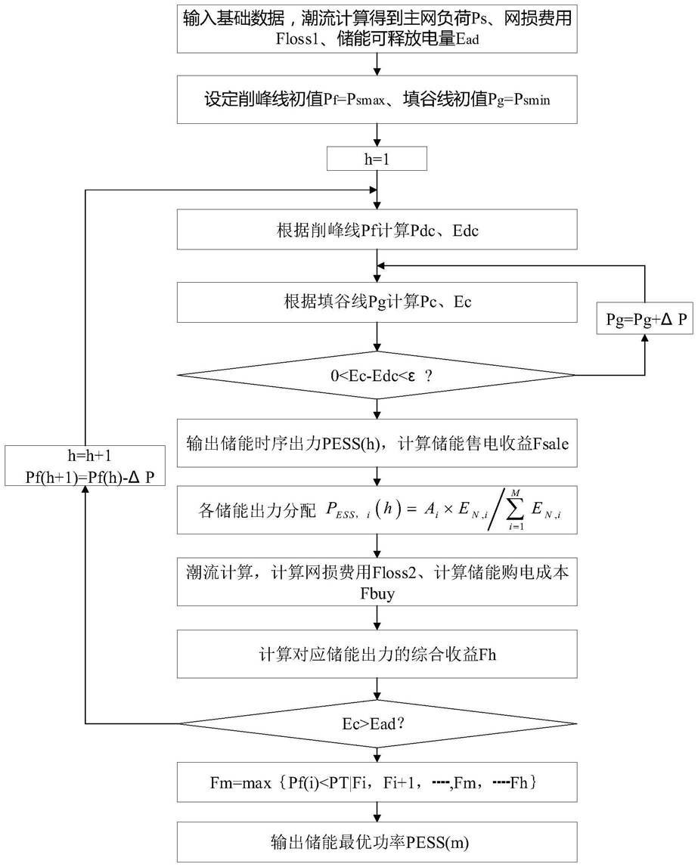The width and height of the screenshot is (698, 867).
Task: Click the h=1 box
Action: click(x=377, y=159)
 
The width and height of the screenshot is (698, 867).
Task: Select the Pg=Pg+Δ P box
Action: click(x=644, y=318)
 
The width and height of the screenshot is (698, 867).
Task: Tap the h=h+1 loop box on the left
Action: click(x=85, y=466)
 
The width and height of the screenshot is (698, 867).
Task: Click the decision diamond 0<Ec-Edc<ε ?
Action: click(x=377, y=375)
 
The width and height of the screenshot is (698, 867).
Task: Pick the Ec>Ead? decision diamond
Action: click(x=377, y=723)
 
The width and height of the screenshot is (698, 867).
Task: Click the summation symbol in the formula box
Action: click(x=515, y=509)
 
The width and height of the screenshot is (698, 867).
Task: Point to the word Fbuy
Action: click(x=377, y=593)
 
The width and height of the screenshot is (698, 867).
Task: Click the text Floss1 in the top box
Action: click(x=297, y=39)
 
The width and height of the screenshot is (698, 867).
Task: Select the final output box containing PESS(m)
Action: click(x=377, y=841)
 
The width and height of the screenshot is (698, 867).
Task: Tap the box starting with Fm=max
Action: click(x=377, y=782)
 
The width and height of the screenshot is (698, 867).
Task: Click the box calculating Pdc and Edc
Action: click(x=377, y=230)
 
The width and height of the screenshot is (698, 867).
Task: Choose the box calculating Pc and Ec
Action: click(x=377, y=302)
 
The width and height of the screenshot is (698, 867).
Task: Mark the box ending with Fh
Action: click(x=377, y=654)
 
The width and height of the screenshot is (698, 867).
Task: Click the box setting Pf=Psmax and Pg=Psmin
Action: click(x=377, y=100)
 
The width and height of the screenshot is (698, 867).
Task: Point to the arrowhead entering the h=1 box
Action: click(x=377, y=143)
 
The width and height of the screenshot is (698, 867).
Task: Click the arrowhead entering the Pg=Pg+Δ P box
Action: click(x=644, y=339)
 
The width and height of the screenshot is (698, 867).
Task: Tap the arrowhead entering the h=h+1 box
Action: click(x=85, y=491)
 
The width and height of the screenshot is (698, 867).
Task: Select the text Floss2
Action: click(x=394, y=572)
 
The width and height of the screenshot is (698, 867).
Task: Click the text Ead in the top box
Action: click(x=467, y=39)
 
